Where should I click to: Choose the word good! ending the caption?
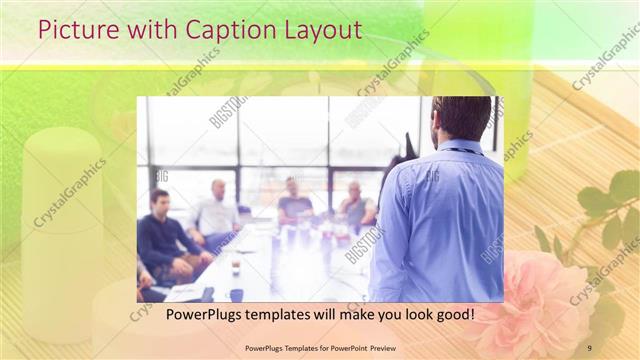pos(452,316)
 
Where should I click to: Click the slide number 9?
pos(589,347)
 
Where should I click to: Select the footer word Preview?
pos(378,347)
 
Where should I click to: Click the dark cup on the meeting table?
pos(235,293)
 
